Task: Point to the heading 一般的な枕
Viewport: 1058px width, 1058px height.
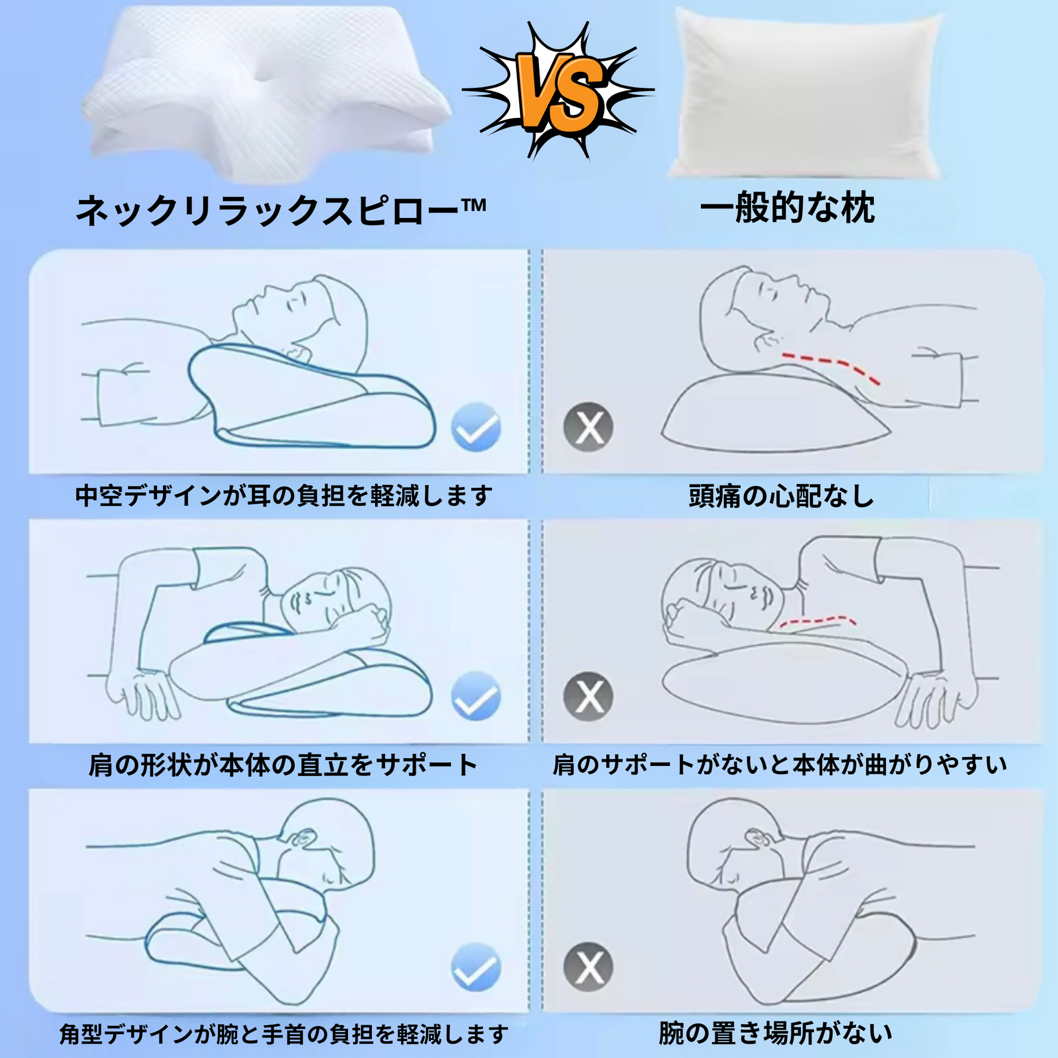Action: pyautogui.click(x=787, y=208)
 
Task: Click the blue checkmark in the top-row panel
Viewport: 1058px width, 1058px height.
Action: pyautogui.click(x=476, y=427)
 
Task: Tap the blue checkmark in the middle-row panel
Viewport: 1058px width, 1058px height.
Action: pyautogui.click(x=476, y=696)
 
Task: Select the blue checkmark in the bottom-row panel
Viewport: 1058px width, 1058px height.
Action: pyautogui.click(x=476, y=967)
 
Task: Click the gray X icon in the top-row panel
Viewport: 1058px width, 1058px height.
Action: pyautogui.click(x=589, y=427)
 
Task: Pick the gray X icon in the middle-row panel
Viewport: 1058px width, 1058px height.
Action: pyautogui.click(x=589, y=696)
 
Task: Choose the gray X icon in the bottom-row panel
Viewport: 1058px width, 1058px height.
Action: pyautogui.click(x=589, y=967)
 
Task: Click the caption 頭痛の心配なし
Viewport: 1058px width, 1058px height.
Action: pyautogui.click(x=781, y=496)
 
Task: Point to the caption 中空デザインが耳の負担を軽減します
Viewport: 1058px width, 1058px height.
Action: pyautogui.click(x=284, y=496)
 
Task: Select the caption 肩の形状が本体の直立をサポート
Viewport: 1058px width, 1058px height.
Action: pyautogui.click(x=283, y=765)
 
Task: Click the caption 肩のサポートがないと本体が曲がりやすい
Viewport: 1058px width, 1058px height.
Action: pyautogui.click(x=780, y=765)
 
